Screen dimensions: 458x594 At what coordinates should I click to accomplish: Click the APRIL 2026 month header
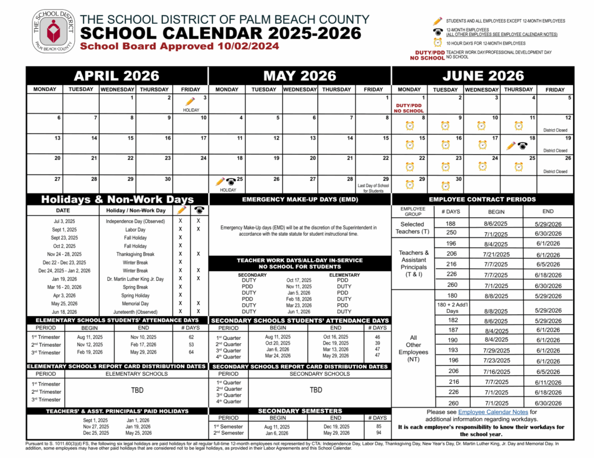coord(117,76)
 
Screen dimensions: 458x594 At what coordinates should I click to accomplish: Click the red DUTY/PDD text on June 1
coord(409,107)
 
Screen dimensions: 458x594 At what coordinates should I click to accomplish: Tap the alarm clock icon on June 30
coord(445,185)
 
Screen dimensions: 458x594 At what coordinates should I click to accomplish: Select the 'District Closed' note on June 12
coord(555,130)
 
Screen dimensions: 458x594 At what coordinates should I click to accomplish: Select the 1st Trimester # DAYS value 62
coord(191,336)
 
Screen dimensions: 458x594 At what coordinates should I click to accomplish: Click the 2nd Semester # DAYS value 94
coord(378,433)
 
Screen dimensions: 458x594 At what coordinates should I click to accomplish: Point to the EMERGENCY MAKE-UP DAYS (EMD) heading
coord(300,199)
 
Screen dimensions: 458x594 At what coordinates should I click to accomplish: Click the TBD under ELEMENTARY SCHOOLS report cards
coord(137,390)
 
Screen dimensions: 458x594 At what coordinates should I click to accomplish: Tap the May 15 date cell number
coord(386,138)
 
